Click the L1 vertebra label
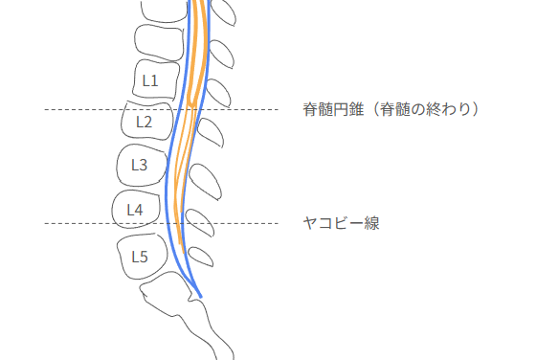tap(150, 80)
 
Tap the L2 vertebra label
tap(144, 122)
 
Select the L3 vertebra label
tap(138, 165)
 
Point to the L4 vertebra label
tap(134, 209)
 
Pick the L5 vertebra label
tap(139, 256)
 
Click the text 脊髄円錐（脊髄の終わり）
tap(391, 109)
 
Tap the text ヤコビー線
tap(342, 223)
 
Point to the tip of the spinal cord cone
tap(190, 105)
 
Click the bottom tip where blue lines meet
tap(201, 295)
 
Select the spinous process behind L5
tap(201, 256)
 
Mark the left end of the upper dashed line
tap(46, 109)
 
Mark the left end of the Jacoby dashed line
tap(46, 223)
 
